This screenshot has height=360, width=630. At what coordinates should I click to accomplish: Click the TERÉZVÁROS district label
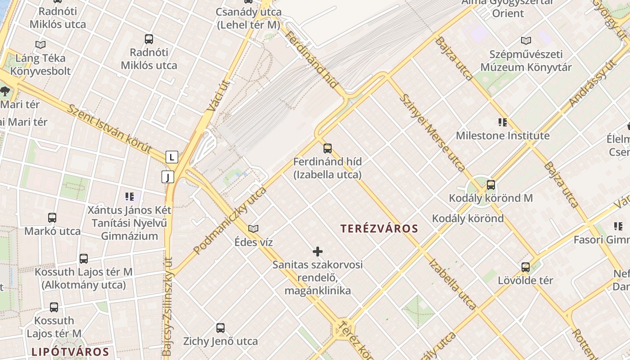coord(379,229)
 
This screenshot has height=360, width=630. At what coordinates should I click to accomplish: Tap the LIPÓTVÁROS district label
coord(70,351)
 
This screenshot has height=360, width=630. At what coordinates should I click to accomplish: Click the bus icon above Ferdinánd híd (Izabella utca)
coord(328,148)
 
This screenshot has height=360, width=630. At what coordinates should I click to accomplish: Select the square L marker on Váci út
coord(171,157)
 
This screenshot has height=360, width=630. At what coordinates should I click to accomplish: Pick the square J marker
coord(167,177)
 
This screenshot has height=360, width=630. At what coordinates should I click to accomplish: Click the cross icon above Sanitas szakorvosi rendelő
coord(318,251)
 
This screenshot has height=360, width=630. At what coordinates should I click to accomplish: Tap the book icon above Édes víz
coord(253,229)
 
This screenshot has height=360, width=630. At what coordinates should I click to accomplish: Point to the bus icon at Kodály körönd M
coord(490,184)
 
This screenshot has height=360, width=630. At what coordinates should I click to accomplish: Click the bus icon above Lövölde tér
coord(525,267)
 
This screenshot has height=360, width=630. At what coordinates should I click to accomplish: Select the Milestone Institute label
coord(503,135)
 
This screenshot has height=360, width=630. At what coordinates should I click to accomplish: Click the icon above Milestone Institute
coord(503,122)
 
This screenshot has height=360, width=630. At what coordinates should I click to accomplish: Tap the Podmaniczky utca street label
coord(229,220)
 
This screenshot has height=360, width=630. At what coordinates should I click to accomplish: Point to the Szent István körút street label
coord(109,129)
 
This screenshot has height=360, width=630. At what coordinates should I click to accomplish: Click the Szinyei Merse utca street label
coord(432,133)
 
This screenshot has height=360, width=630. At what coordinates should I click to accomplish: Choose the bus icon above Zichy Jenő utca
coord(220,328)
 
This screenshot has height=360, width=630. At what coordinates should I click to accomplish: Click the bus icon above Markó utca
coord(52,218)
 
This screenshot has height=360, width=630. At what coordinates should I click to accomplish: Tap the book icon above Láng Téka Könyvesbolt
coord(40,45)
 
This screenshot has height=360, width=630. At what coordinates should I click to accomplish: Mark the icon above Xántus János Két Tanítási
coord(130,196)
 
